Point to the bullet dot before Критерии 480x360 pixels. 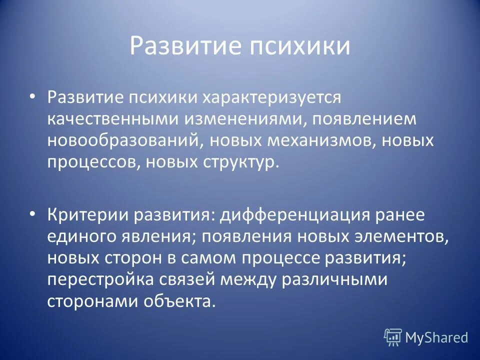pyautogui.click(x=32, y=214)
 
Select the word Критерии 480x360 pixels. pyautogui.click(x=87, y=216)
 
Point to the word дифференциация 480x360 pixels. pyautogui.click(x=294, y=216)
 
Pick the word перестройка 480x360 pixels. pyautogui.click(x=100, y=279)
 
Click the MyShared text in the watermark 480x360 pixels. pyautogui.click(x=436, y=337)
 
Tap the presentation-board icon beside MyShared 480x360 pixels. pyautogui.click(x=392, y=337)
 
